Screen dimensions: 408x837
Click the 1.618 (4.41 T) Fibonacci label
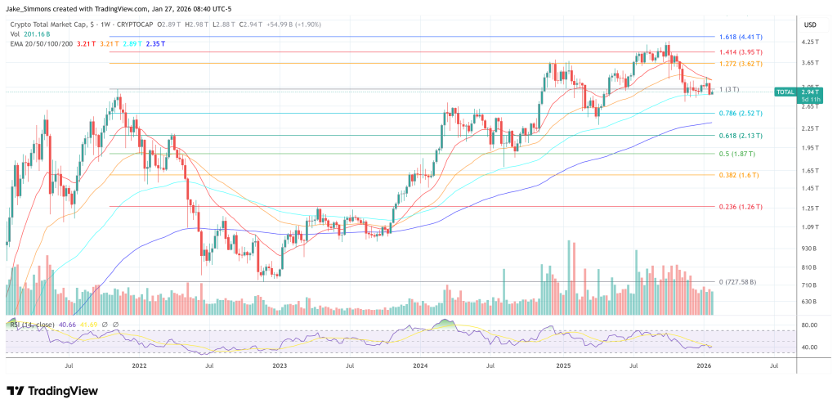pyautogui.click(x=739, y=37)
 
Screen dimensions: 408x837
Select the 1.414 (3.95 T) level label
pyautogui.click(x=739, y=52)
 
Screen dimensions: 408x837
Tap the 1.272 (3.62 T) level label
pyautogui.click(x=739, y=63)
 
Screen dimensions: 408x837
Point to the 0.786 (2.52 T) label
pyautogui.click(x=739, y=113)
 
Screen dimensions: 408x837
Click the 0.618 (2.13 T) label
pyautogui.click(x=739, y=136)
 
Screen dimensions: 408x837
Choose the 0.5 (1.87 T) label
pyautogui.click(x=735, y=154)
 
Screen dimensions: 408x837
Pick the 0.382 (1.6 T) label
pyautogui.click(x=736, y=175)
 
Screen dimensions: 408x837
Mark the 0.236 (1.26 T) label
pyautogui.click(x=739, y=207)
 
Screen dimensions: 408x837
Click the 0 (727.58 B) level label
pyautogui.click(x=735, y=282)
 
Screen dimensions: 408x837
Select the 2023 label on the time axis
pyautogui.click(x=280, y=367)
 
